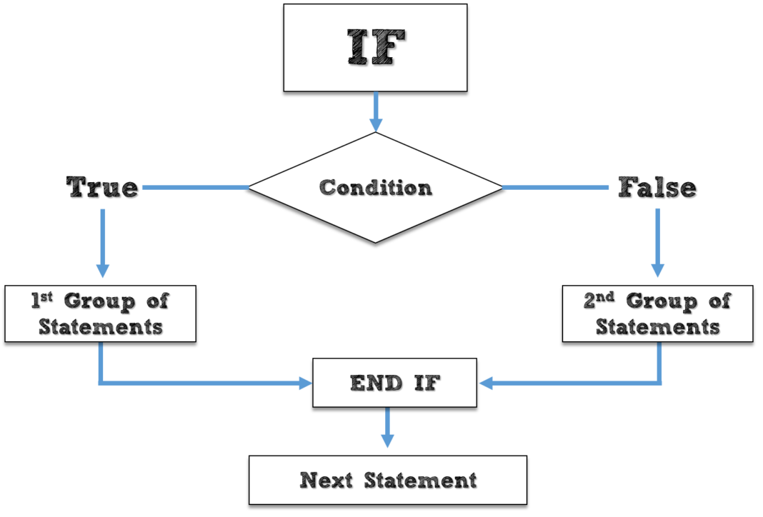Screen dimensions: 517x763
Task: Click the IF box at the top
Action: pyautogui.click(x=375, y=48)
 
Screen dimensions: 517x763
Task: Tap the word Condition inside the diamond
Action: pyautogui.click(x=375, y=188)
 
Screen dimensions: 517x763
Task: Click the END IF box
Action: pyautogui.click(x=394, y=383)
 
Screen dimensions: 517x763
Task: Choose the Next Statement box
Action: pyautogui.click(x=388, y=480)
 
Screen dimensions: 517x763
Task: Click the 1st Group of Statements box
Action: pyautogui.click(x=100, y=313)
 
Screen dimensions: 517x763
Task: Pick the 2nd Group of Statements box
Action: pyautogui.click(x=657, y=313)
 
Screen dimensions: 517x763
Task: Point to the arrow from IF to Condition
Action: pyautogui.click(x=375, y=112)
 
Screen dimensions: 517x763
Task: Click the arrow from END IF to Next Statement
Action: pyautogui.click(x=387, y=428)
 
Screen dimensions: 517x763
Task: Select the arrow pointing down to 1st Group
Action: pyautogui.click(x=103, y=243)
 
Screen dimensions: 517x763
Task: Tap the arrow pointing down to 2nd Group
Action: pyautogui.click(x=658, y=243)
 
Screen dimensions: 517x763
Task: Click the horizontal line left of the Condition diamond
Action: pyautogui.click(x=195, y=188)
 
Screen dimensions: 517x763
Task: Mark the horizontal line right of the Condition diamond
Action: pyautogui.click(x=556, y=188)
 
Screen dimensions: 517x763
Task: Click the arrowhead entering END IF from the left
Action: pyautogui.click(x=306, y=383)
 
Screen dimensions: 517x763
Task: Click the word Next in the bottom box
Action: pyautogui.click(x=326, y=480)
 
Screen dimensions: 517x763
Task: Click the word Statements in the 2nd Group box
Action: pyautogui.click(x=657, y=327)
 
